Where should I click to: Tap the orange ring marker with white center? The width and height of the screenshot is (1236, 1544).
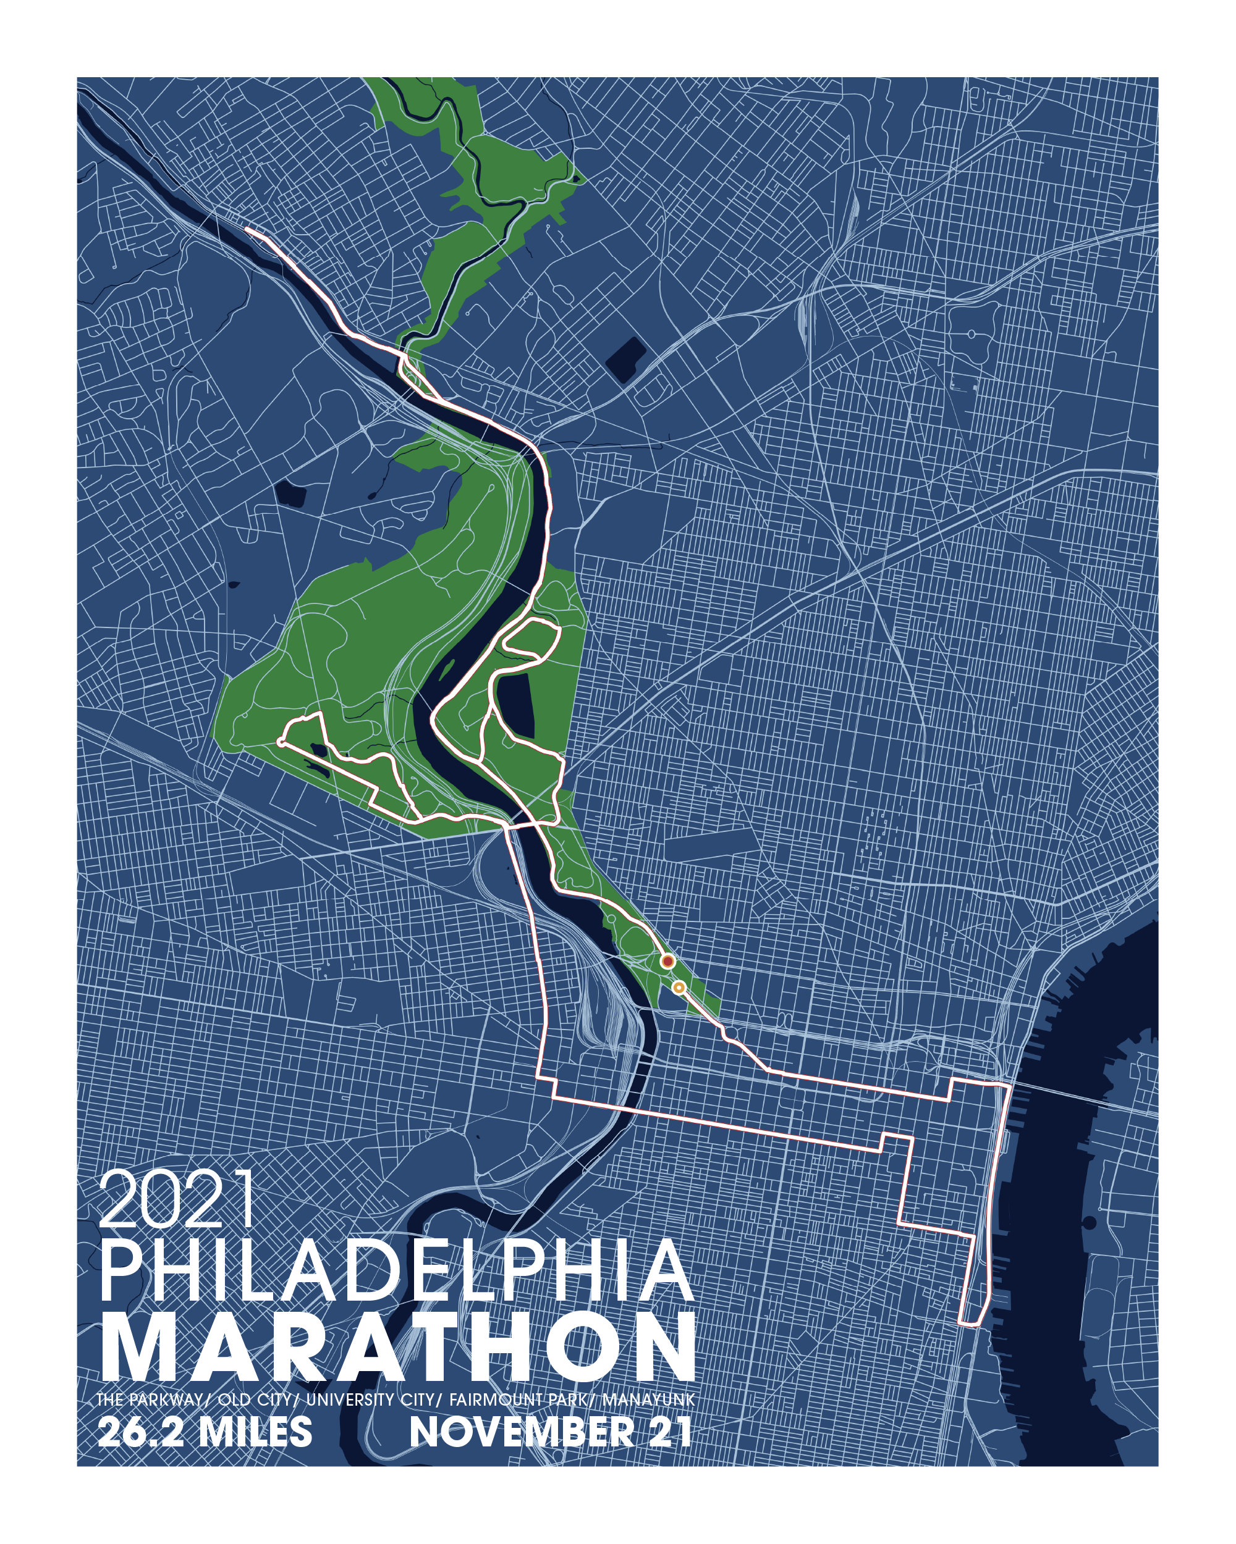pos(679,988)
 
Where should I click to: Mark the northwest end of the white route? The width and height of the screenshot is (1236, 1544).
pos(247,229)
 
